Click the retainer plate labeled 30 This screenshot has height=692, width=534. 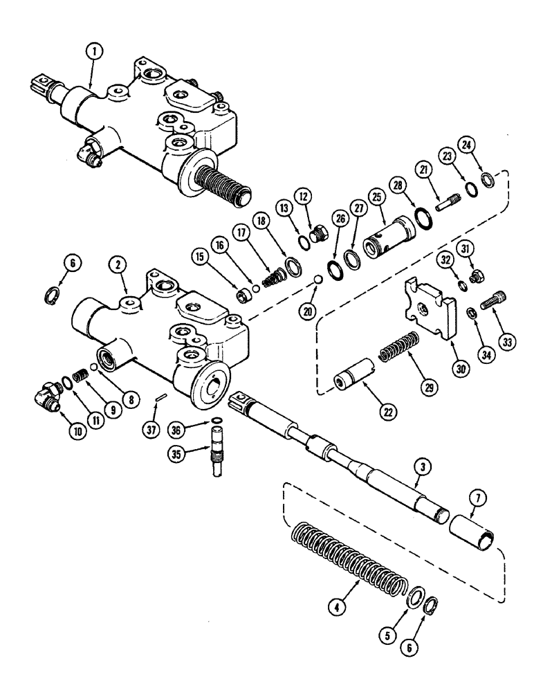pyautogui.click(x=425, y=312)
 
